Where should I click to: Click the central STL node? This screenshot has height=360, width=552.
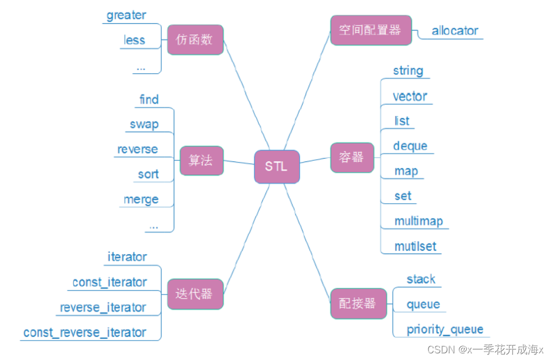click(x=277, y=166)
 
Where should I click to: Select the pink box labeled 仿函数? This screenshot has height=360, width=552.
click(x=195, y=40)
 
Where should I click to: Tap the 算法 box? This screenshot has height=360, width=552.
click(x=201, y=161)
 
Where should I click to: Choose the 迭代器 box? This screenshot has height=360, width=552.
click(x=195, y=294)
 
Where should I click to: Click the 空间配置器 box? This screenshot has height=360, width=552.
click(x=371, y=30)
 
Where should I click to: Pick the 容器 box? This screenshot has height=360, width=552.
click(x=352, y=157)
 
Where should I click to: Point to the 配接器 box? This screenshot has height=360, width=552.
click(x=358, y=303)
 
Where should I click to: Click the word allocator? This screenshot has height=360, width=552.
click(x=454, y=31)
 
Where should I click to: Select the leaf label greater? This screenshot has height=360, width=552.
click(x=126, y=16)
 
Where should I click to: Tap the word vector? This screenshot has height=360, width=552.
click(x=410, y=96)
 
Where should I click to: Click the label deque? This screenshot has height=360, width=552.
click(x=410, y=146)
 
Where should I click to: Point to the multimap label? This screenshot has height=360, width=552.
click(x=418, y=221)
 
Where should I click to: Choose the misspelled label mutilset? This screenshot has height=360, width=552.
click(x=415, y=246)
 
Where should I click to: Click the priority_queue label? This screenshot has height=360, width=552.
click(x=444, y=329)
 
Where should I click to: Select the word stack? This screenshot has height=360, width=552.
click(x=421, y=279)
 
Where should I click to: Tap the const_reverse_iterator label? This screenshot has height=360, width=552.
click(x=85, y=333)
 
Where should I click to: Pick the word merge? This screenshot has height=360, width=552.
click(x=141, y=199)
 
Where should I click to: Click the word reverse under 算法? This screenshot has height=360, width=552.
click(x=137, y=149)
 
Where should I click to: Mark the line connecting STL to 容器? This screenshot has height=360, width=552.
click(x=315, y=160)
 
